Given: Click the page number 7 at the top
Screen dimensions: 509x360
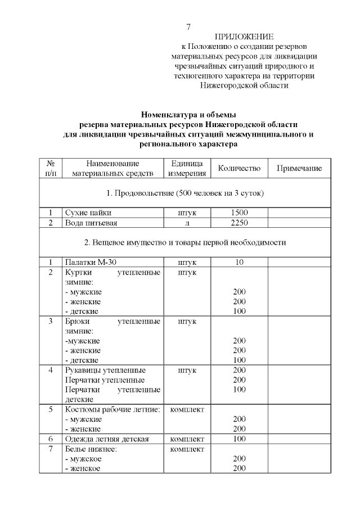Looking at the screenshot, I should [x=188, y=26].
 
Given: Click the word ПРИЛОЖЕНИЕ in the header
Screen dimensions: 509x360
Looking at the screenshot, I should [x=244, y=37].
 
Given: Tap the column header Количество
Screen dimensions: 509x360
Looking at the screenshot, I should [x=239, y=168].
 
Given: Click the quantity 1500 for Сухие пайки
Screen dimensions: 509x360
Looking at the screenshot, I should [x=239, y=213].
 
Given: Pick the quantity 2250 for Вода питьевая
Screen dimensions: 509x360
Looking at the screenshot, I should [x=239, y=223].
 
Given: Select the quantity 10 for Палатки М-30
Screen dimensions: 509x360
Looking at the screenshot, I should [x=239, y=262].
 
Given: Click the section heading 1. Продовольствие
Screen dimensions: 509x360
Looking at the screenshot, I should [x=185, y=193].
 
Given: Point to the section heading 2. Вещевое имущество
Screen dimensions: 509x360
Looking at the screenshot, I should [x=185, y=243].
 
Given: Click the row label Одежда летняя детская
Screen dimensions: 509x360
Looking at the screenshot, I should [x=107, y=438].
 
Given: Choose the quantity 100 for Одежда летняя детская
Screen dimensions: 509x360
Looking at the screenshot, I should [x=239, y=438].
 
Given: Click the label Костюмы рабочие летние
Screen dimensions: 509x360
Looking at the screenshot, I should [x=113, y=409].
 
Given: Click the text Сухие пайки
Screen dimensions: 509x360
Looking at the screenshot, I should [x=88, y=213].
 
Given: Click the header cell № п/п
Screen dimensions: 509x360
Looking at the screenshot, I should [x=50, y=168].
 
